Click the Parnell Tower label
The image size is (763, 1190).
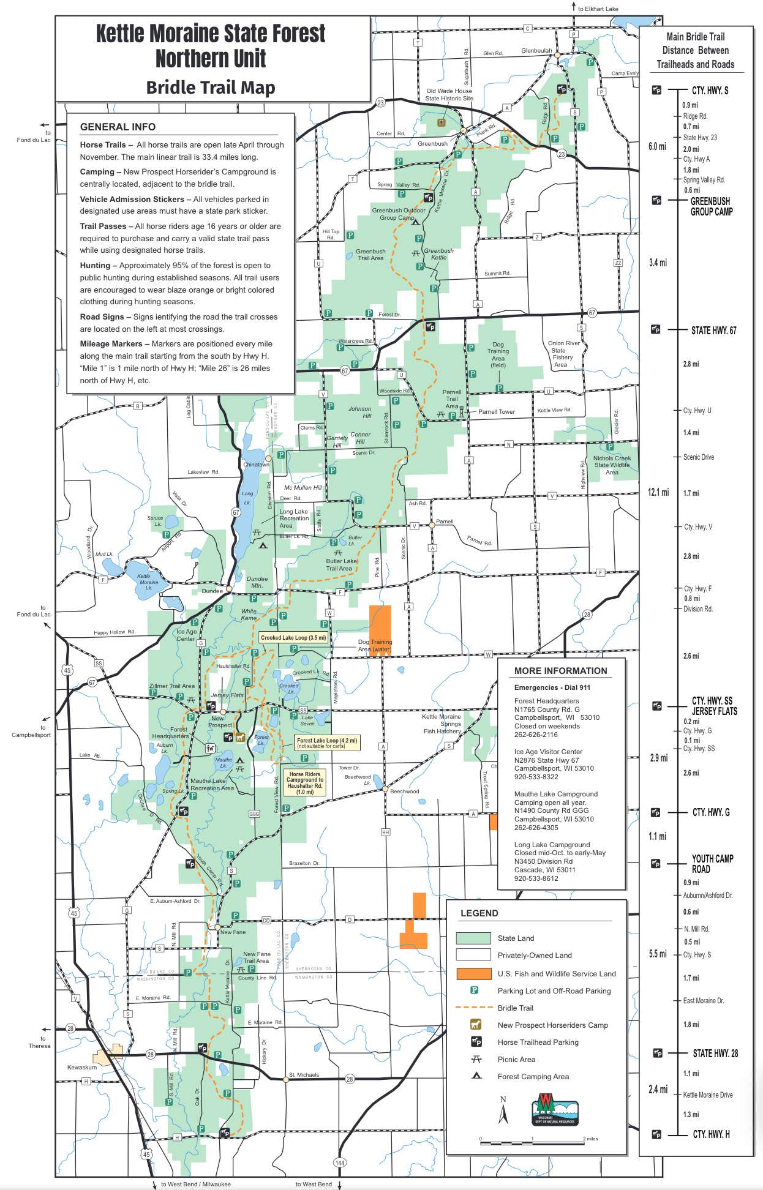tap(496, 412)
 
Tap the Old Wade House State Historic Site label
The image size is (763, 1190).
tap(449, 94)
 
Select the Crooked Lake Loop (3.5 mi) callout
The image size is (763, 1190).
tap(293, 638)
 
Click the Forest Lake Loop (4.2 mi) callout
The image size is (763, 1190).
tap(326, 743)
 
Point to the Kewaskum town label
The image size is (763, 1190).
tap(82, 1067)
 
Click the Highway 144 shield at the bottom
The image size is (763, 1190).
tap(340, 1162)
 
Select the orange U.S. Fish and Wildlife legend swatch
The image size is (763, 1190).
tap(473, 973)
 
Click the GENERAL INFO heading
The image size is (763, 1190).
tap(118, 127)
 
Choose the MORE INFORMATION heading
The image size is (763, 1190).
tap(560, 671)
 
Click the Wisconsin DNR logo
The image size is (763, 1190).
tap(555, 1109)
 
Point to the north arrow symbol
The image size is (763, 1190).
tap(503, 1110)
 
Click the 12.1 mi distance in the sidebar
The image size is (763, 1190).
tap(658, 492)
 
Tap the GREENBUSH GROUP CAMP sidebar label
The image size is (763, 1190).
tap(710, 206)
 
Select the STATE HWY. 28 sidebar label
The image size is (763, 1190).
tap(715, 1053)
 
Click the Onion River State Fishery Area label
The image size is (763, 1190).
tap(563, 354)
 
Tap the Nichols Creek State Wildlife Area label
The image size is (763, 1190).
tap(611, 465)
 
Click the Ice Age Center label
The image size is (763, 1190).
tap(186, 635)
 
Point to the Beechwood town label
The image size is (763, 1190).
tap(404, 791)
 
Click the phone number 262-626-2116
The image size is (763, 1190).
tap(536, 735)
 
